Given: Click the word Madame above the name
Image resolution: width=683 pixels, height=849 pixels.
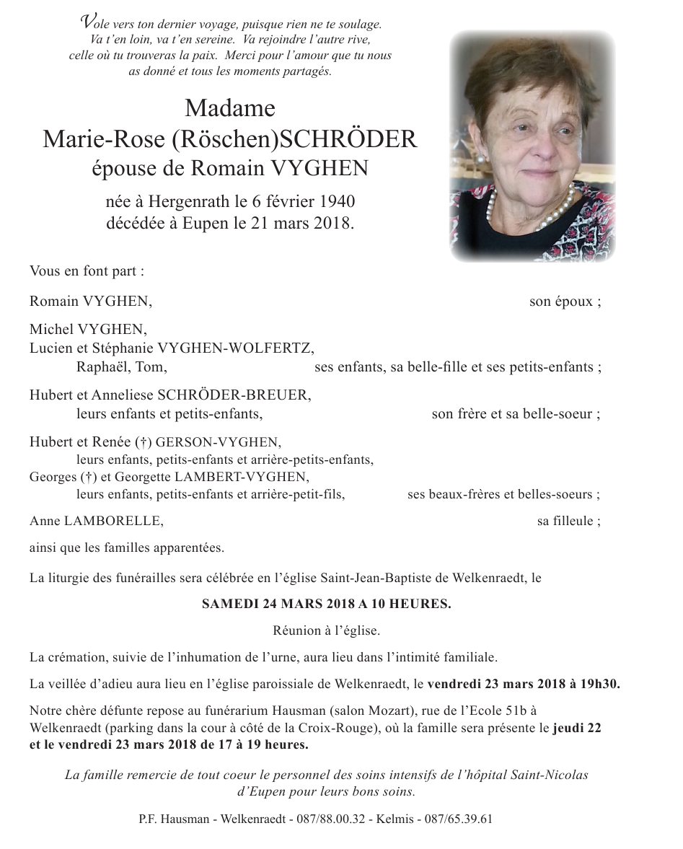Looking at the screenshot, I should pos(230,108).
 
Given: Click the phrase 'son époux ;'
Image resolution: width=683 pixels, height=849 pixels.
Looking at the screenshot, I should pos(565,302).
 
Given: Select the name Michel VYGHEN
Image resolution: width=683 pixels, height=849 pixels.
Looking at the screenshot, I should pos(87,330).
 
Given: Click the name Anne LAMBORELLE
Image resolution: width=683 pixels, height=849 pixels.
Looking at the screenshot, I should pos(92,521).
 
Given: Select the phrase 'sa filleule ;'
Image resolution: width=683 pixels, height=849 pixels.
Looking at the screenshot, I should pos(568,521).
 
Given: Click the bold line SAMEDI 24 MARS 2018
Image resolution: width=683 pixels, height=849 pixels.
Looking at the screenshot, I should pos(326,604).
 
